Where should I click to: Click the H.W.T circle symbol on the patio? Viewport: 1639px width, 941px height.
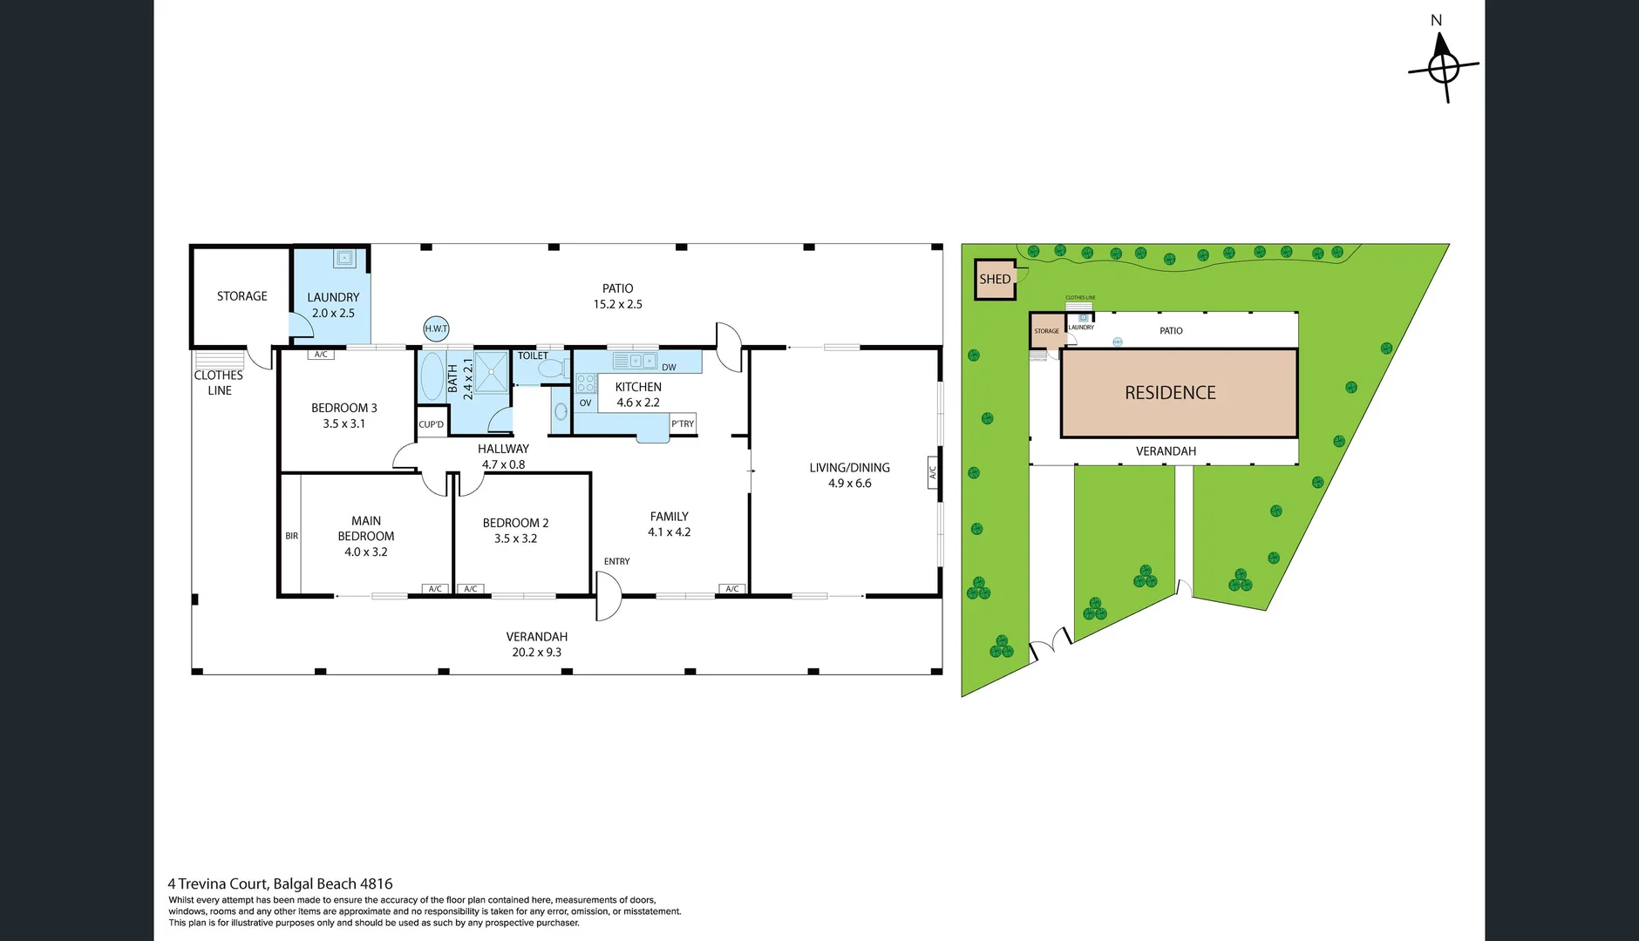click(436, 328)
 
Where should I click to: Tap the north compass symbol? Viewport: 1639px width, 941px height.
click(1443, 66)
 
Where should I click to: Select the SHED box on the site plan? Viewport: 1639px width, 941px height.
click(995, 280)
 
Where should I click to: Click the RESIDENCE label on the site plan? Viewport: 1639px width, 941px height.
click(1170, 393)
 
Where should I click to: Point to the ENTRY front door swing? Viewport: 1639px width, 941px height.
click(609, 596)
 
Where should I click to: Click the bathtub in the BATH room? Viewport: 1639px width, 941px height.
click(432, 376)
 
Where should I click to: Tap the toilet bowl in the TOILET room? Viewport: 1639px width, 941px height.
click(551, 369)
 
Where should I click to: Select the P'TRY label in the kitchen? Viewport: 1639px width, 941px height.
click(683, 424)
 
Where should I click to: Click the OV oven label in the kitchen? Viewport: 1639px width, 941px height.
click(585, 403)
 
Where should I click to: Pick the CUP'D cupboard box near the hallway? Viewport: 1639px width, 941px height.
click(431, 424)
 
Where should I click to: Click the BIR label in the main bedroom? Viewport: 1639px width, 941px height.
click(291, 536)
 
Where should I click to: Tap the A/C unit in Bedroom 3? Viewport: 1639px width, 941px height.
click(321, 355)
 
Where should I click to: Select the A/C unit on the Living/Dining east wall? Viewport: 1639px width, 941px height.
click(932, 471)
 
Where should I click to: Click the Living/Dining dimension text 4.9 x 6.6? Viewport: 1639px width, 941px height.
click(849, 484)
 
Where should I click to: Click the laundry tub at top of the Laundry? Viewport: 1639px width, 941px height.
click(344, 258)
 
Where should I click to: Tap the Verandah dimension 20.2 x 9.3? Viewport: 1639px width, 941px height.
click(536, 653)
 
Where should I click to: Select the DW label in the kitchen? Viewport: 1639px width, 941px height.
click(669, 368)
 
